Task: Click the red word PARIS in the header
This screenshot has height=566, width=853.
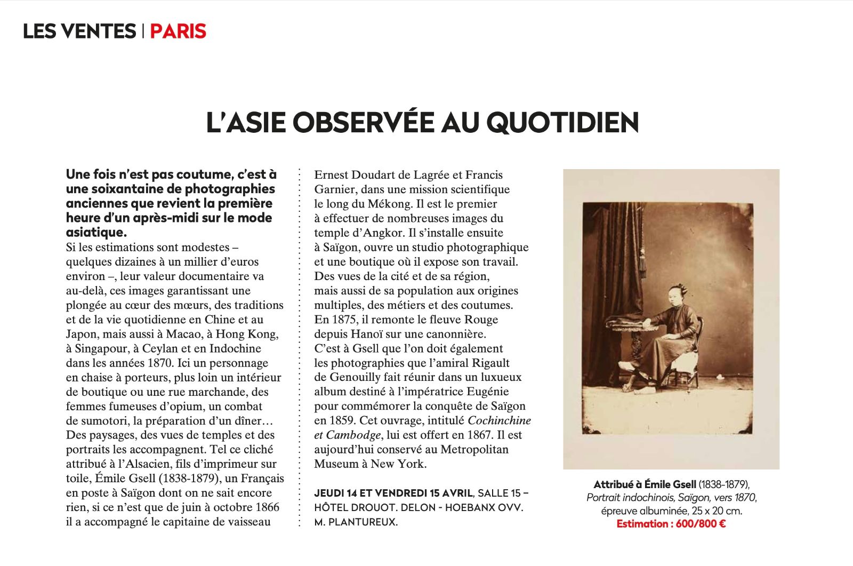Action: pos(178,31)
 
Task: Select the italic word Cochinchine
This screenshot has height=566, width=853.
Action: pos(499,420)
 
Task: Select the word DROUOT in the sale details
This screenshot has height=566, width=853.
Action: pos(371,508)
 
